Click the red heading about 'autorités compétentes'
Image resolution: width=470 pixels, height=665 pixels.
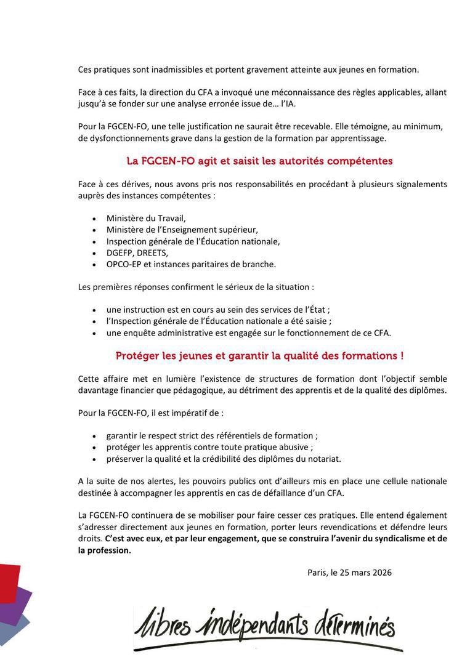pos(259,161)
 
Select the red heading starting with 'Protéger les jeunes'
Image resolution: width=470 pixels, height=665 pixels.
pos(259,356)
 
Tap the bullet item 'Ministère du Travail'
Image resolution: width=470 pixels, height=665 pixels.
pos(146,218)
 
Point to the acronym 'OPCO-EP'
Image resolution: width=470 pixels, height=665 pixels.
pos(123,264)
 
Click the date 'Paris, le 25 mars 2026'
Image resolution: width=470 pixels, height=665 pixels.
pos(349,572)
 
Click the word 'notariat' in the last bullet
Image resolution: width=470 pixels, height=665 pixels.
pos(323,458)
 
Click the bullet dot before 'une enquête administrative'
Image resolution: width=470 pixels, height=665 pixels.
pos(94,333)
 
